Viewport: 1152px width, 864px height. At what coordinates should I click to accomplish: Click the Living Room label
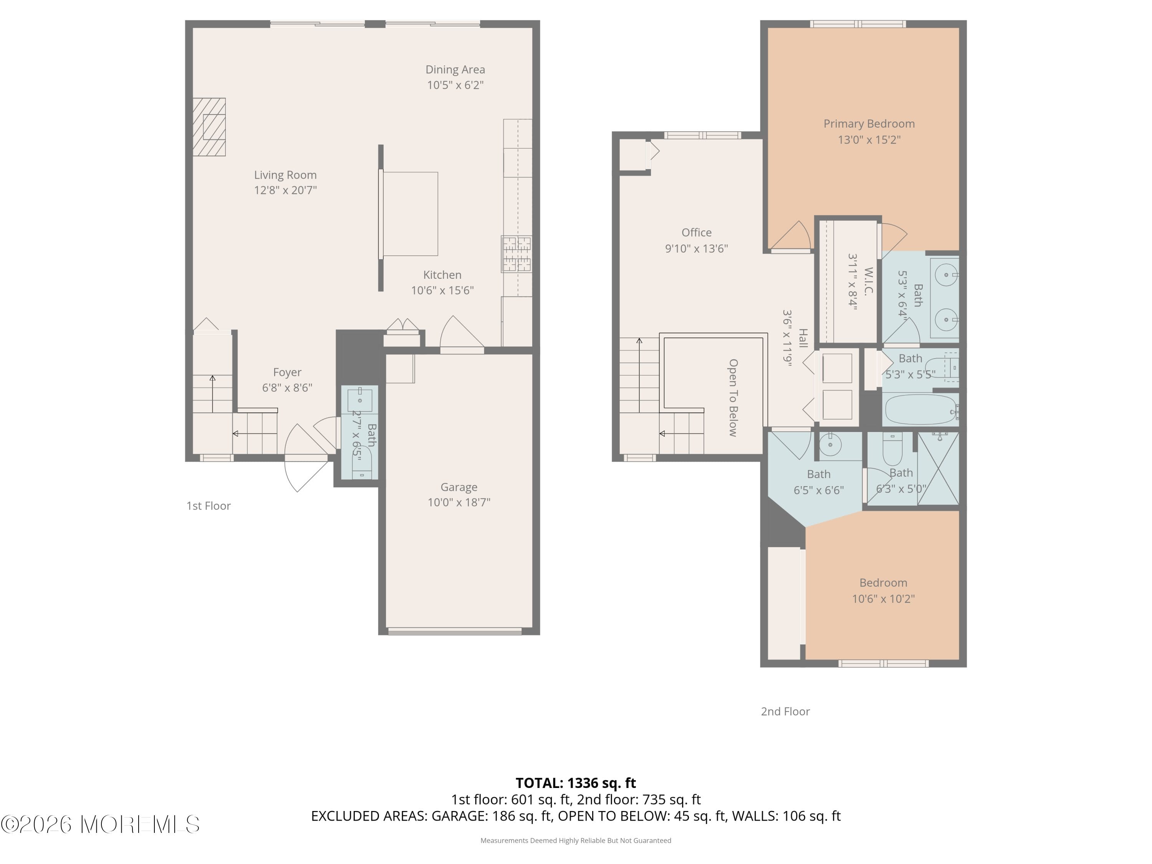[285, 175]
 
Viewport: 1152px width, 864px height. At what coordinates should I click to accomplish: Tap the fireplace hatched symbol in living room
[209, 127]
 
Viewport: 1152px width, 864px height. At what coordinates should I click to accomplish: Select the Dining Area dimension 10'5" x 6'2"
[455, 85]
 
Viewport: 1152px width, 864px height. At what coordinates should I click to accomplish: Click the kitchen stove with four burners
[516, 254]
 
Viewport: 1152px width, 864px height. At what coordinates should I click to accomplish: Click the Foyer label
[287, 372]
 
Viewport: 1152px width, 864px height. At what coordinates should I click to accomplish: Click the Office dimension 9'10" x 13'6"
[696, 249]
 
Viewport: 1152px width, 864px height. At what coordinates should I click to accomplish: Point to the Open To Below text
[733, 397]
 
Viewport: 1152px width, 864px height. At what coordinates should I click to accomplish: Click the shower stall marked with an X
[938, 468]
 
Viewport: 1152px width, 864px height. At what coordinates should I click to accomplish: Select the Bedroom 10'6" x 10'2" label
[883, 583]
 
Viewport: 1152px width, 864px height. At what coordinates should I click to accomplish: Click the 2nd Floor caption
[785, 712]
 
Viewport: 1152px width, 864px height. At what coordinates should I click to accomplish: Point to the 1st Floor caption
[208, 506]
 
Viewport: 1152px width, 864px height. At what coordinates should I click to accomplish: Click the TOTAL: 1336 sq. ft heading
[576, 783]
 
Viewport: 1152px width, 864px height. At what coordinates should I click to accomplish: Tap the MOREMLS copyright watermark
[100, 824]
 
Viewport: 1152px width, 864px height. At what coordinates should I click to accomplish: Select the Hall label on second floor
[803, 339]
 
